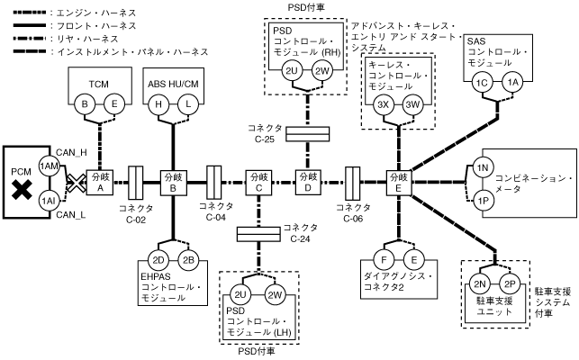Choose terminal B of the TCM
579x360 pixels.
click(87, 105)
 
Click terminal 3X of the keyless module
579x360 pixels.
click(382, 105)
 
